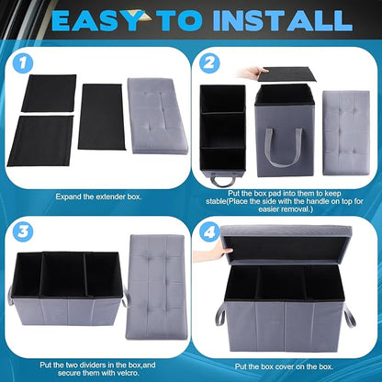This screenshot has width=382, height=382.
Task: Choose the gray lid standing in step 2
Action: point(344,119)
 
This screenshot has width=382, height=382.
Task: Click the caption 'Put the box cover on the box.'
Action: point(286,365)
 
